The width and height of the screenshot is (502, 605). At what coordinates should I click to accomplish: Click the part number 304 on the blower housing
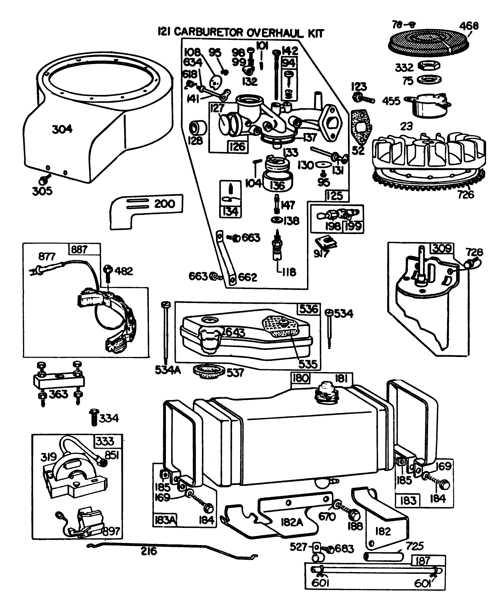click(x=62, y=129)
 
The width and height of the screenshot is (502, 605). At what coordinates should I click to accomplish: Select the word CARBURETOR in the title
click(x=209, y=32)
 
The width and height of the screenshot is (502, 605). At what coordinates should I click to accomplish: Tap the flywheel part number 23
click(x=406, y=126)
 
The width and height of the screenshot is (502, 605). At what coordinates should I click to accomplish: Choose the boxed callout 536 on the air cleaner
click(x=309, y=309)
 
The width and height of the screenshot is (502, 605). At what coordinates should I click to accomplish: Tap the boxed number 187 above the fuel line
click(x=423, y=561)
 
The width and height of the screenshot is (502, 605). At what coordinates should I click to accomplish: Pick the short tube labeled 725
click(x=383, y=556)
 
